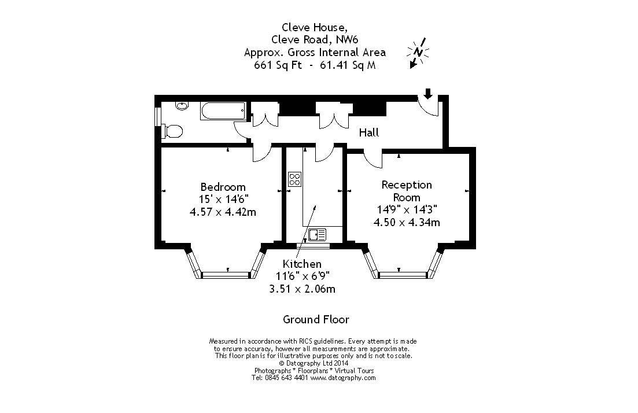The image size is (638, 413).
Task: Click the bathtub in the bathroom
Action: pos(223,111)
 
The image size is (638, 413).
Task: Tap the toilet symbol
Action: pos(172,131)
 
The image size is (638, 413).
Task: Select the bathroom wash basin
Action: pos(182,106)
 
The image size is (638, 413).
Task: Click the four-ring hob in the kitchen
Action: pos(294,179)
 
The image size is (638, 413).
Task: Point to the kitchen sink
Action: pos(317,234)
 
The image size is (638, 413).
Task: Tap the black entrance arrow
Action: pos(428,93)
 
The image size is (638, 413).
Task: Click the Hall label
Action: pos(369,132)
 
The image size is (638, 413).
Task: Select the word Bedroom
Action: pos(223,187)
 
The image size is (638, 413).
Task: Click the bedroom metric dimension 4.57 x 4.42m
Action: pos(223,212)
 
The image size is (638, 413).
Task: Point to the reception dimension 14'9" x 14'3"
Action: pos(407,210)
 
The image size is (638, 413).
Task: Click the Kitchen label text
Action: pos(302,264)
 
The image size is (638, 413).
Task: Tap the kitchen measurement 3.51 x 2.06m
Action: pos(303,289)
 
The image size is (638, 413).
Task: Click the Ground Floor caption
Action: pos(316,319)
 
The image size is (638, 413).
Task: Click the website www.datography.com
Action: pos(343,378)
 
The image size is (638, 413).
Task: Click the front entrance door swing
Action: pos(431,106)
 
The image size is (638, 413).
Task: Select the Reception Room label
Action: pos(407,191)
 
